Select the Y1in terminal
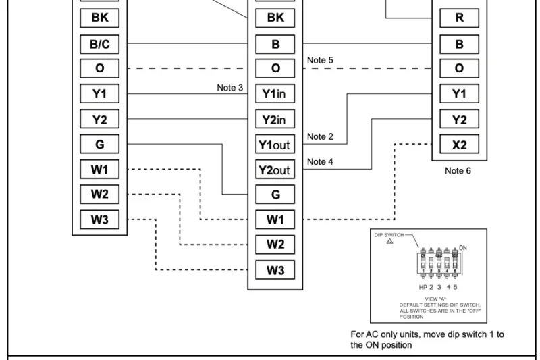pos(275,94)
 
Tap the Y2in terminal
pos(275,120)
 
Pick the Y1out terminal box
pos(275,145)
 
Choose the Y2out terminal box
pos(275,170)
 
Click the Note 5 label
pos(319,60)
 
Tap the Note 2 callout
pos(319,136)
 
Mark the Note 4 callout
pos(319,161)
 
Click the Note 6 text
pos(459,171)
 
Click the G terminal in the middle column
pos(275,195)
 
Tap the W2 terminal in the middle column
pos(275,245)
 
